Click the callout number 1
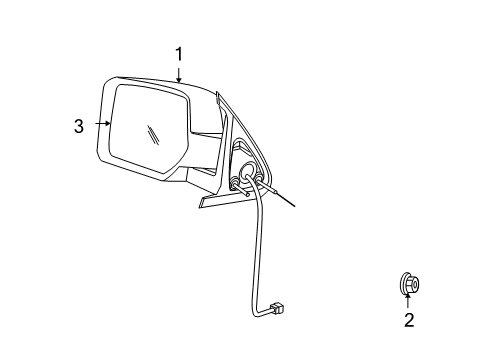pyautogui.click(x=179, y=54)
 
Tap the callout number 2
pyautogui.click(x=408, y=320)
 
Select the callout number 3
pyautogui.click(x=77, y=125)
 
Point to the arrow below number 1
pyautogui.click(x=179, y=74)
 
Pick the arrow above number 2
pyautogui.click(x=408, y=300)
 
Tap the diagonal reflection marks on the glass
pyautogui.click(x=151, y=135)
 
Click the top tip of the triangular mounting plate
pyautogui.click(x=219, y=96)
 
